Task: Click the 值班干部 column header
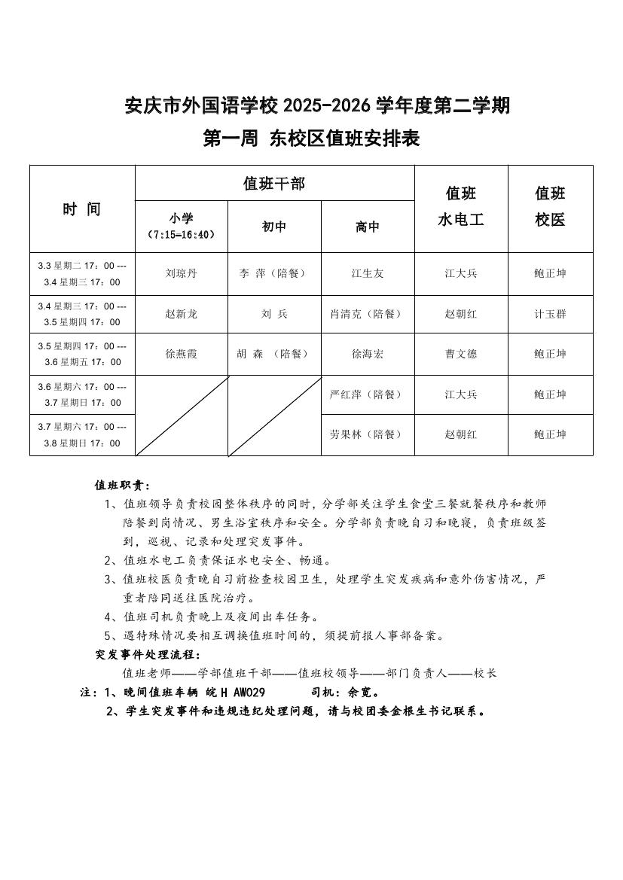pos(274,183)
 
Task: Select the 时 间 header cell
pos(81,209)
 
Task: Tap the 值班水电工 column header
pos(461,207)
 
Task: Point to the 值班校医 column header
pos(550,207)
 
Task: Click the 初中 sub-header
pos(274,227)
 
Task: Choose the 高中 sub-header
pos(368,227)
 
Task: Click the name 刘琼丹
pos(181,273)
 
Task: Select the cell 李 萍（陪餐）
pos(274,273)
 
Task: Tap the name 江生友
pos(368,273)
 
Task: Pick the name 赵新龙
pos(181,314)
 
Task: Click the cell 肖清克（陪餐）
pos(368,314)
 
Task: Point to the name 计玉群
pos(550,314)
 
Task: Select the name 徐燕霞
pos(181,354)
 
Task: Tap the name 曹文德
pos(461,354)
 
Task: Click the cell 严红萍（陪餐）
pos(368,394)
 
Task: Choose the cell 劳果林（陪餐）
pos(368,434)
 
